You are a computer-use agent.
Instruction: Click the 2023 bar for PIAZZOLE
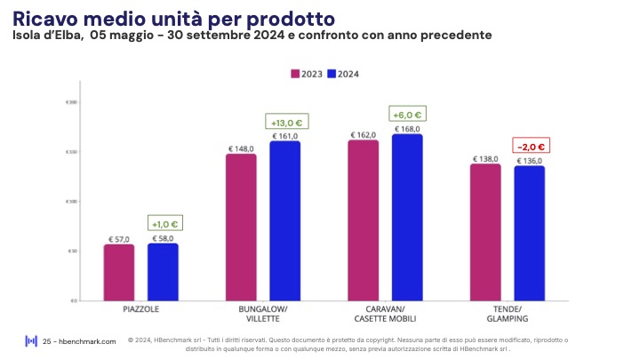click(x=118, y=272)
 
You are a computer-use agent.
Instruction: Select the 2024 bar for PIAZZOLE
click(x=163, y=271)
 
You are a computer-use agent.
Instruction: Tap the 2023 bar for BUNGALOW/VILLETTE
click(x=241, y=227)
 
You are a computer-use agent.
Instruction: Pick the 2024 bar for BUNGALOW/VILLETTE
click(x=284, y=220)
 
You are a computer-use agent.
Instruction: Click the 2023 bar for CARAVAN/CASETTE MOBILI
click(x=363, y=220)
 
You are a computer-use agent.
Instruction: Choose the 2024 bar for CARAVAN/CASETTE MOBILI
click(x=407, y=217)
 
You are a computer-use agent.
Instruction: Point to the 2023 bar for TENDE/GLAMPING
click(x=485, y=232)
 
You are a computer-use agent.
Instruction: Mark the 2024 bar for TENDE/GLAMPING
click(x=529, y=233)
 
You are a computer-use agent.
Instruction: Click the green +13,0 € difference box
click(x=284, y=122)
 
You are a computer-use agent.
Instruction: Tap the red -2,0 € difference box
click(x=530, y=146)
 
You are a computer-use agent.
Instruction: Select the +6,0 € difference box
click(x=407, y=114)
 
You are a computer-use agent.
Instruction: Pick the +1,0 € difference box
click(x=163, y=224)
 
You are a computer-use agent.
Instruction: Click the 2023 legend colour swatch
click(x=296, y=74)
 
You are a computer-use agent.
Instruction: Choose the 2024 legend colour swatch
click(x=332, y=74)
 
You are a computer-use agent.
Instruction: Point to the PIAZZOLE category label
click(x=140, y=311)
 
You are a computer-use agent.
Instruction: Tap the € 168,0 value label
click(x=407, y=130)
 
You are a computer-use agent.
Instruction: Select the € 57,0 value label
click(x=119, y=239)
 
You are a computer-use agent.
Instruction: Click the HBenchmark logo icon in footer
click(x=31, y=340)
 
